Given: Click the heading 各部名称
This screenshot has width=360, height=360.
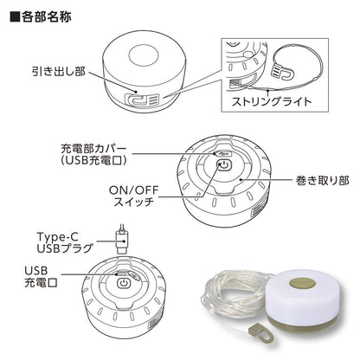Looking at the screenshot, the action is coord(46,17).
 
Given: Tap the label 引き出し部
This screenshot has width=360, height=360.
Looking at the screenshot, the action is coord(59,71).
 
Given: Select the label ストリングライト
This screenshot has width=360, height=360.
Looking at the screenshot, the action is coord(272,101).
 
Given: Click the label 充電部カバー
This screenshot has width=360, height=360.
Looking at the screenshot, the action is coord(93,149).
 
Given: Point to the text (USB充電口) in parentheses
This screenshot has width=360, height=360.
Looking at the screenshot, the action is coord(93,160).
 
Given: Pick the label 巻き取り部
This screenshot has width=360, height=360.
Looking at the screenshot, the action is coord(322,180).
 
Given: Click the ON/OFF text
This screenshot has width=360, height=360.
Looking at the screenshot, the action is coord(133,190).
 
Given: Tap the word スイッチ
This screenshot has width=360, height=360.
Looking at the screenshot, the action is coord(133,202).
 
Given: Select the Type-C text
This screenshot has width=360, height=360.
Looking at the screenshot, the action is coord(57,237).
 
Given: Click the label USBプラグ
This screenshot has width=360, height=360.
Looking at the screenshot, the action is coord(65,248).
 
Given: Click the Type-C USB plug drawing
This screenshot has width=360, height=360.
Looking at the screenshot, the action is coord(122,241).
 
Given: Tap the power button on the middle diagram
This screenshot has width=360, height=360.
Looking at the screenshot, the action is coord(224,165).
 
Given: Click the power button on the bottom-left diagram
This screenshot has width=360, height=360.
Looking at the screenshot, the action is coord(124,283).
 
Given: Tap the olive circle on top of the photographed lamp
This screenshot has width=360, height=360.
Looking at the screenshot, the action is coord(303,282).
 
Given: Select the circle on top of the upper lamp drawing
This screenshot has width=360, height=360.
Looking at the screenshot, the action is coord(144,55).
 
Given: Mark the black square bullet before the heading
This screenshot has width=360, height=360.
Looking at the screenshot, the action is coord(15,17).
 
